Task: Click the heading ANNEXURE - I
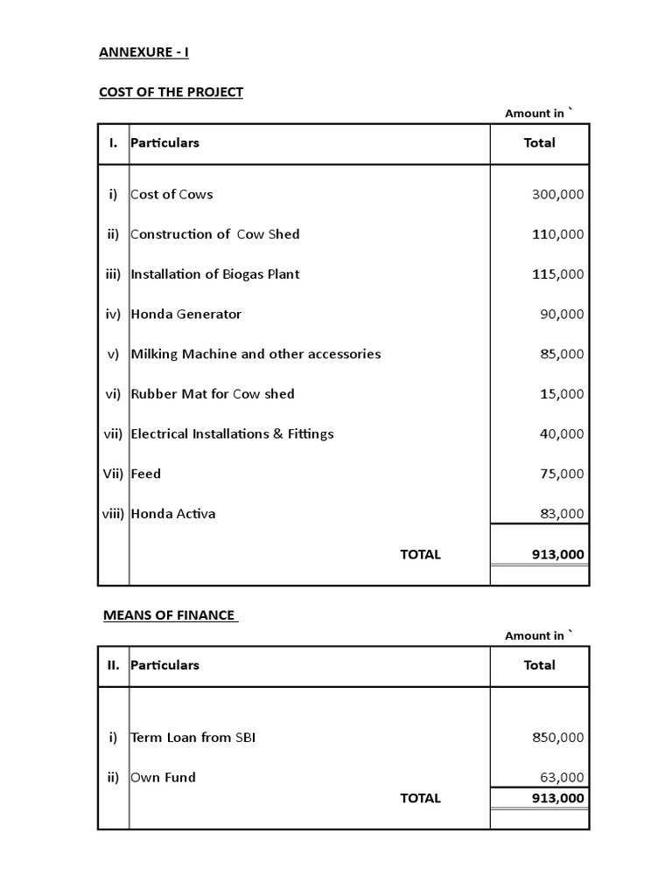point(143,52)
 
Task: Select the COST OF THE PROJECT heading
point(171,92)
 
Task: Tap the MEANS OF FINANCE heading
point(170,614)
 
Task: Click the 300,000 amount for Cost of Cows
point(557,194)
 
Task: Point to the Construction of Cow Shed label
point(214,234)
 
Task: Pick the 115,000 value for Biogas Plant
point(557,274)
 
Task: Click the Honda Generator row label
point(185,314)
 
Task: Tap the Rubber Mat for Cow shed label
point(213,394)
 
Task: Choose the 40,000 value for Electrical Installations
point(561,434)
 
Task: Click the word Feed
point(145,474)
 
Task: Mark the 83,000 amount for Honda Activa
point(561,514)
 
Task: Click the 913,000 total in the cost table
point(557,554)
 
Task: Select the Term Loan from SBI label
point(193,737)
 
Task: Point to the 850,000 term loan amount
point(557,738)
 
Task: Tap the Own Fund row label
point(163,777)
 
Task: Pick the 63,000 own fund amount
point(561,778)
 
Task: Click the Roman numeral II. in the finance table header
point(113,665)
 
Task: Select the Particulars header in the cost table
point(164,142)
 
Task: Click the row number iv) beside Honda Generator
point(112,314)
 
